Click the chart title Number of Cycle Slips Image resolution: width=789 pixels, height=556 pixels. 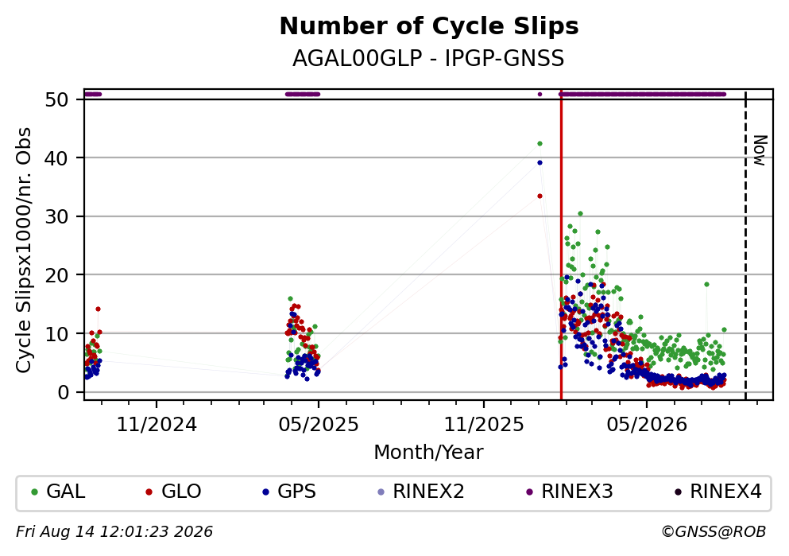pos(429,26)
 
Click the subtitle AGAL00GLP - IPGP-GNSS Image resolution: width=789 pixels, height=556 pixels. pos(428,58)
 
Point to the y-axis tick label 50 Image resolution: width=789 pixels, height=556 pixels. pos(57,99)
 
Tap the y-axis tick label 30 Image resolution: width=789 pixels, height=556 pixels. pos(57,216)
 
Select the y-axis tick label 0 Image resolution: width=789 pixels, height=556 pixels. pos(63,392)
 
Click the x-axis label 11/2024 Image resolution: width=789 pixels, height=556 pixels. pos(157,425)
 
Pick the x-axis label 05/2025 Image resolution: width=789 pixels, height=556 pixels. pos(319,425)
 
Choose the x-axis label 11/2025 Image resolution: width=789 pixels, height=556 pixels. pos(484,425)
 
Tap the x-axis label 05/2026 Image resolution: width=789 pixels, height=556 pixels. pos(647,425)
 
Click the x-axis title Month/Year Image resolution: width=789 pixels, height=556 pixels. pos(428,453)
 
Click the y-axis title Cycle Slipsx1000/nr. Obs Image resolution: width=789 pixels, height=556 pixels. pos(23,251)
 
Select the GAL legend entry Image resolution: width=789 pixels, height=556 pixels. pos(58,492)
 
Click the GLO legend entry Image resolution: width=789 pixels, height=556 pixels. pos(173,492)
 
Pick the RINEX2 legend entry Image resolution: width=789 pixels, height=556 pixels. pos(420,492)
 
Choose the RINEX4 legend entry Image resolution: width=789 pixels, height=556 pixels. pos(718,492)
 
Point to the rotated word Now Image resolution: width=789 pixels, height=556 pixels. pos(760,150)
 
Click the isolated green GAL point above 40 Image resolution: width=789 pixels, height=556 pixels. pos(540,143)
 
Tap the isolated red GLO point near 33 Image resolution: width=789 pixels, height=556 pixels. pos(540,196)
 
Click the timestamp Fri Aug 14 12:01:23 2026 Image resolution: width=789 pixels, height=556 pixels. pos(114,532)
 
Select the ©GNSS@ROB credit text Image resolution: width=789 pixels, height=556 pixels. pos(714,532)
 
